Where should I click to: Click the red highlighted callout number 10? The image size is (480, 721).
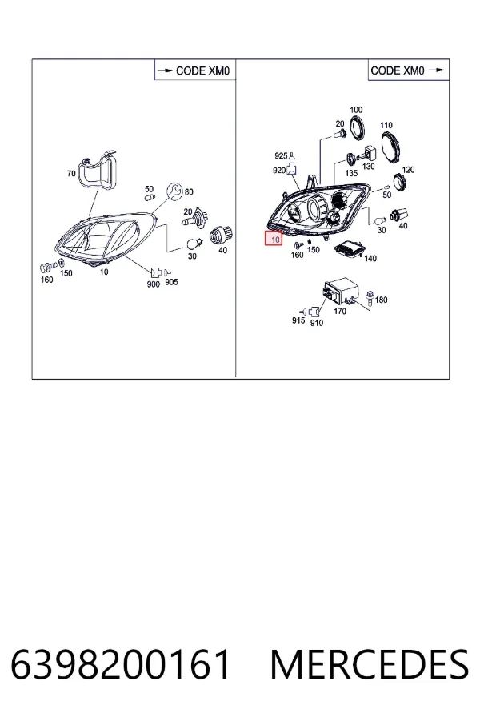274,239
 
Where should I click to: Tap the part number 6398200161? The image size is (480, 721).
120,664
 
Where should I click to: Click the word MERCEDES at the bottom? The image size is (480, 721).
370,664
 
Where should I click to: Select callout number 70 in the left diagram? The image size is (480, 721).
71,173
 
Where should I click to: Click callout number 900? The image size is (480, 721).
154,284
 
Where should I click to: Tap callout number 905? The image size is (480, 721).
171,282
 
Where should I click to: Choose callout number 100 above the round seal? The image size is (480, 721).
356,110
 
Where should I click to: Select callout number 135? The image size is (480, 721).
351,173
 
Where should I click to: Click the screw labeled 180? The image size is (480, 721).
370,297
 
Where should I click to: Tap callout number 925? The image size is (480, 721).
281,156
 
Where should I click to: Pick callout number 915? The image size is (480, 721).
298,320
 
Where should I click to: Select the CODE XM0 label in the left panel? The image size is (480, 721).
202,70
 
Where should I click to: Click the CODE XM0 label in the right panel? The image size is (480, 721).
398,70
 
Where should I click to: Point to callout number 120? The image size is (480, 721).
408,170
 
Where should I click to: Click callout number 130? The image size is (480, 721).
369,167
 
